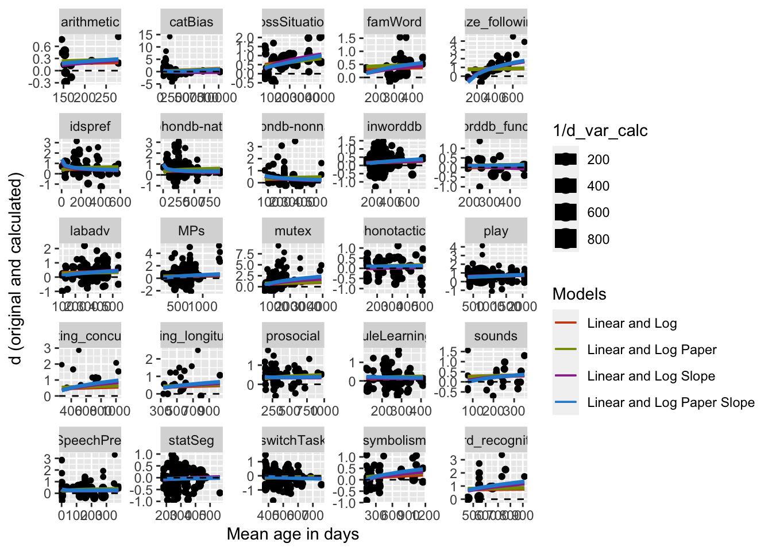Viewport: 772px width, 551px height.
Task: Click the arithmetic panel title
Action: point(90,22)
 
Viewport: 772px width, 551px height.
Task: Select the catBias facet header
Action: point(191,22)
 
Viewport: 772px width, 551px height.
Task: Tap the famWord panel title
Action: point(395,22)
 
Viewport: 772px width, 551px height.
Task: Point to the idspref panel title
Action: point(90,127)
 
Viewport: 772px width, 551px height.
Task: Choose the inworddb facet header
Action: point(395,127)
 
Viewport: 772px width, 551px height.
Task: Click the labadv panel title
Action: point(90,231)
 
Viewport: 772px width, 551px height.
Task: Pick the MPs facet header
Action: point(191,231)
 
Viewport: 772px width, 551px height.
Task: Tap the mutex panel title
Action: point(293,231)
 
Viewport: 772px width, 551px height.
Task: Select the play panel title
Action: point(496,231)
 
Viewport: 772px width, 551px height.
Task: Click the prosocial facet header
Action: point(293,336)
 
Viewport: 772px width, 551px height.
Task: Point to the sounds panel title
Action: point(496,336)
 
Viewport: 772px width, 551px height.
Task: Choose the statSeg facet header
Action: point(191,441)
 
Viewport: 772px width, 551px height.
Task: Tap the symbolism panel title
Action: point(395,441)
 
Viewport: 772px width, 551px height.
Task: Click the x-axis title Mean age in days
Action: point(293,534)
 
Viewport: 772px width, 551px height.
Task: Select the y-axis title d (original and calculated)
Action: point(16,268)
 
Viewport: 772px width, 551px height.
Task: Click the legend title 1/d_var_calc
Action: point(600,131)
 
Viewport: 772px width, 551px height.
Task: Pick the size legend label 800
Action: point(598,239)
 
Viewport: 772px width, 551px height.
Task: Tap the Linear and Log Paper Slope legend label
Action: point(670,403)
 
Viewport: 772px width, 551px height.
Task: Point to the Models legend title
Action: point(579,294)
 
